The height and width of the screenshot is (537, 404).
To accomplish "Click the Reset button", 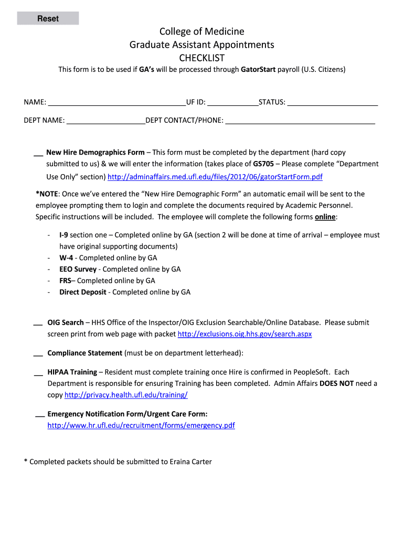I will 48,19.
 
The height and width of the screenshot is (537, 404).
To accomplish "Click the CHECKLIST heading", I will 202,58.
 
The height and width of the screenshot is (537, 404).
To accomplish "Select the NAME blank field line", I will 116,102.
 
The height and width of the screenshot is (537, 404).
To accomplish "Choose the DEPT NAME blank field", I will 105,121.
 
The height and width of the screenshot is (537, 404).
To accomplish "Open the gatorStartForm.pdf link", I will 215,177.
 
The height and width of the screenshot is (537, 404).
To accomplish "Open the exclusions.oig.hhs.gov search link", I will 244,334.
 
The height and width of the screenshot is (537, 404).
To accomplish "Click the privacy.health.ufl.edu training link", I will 126,395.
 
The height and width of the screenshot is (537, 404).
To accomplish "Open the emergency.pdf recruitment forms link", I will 141,425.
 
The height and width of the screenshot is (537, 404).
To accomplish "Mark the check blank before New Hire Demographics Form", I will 38,153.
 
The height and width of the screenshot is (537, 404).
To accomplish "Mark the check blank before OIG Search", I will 38,323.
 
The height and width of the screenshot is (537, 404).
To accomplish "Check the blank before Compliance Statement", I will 38,354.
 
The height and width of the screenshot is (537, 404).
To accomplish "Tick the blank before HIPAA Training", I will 38,373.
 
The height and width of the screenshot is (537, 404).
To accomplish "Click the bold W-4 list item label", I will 66,258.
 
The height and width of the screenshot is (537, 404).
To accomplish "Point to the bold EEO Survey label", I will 78,269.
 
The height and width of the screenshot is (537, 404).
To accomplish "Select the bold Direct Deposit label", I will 82,292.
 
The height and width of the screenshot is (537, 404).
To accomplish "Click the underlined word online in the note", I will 325,217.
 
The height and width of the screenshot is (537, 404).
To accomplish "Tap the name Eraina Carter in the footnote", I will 190,462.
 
